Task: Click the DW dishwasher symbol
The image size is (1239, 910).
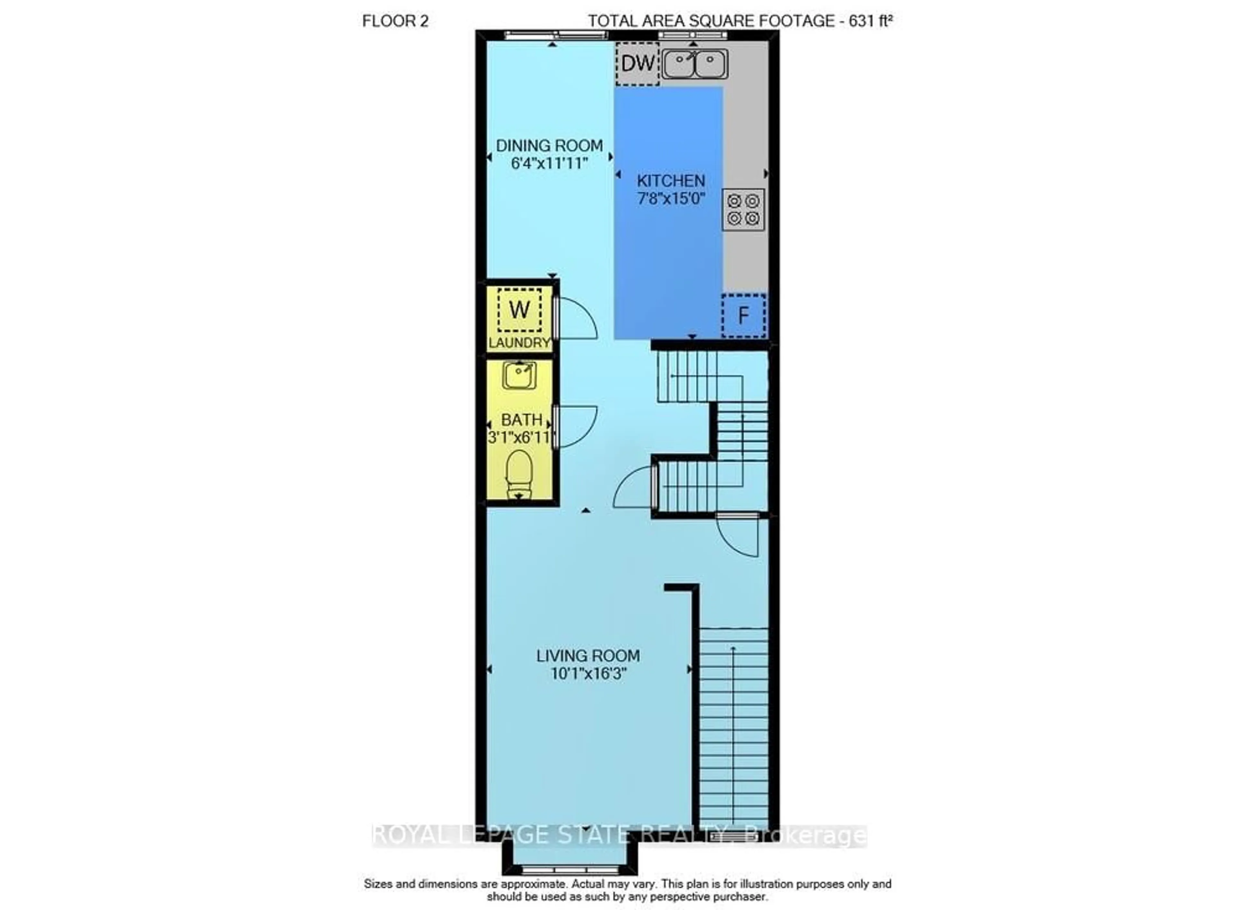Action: pyautogui.click(x=637, y=64)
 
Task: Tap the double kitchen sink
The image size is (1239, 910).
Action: pyautogui.click(x=694, y=64)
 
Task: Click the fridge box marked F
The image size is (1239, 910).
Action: pyautogui.click(x=743, y=315)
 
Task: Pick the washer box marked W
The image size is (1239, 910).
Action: pyautogui.click(x=519, y=310)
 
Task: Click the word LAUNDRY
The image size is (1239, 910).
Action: pyautogui.click(x=519, y=343)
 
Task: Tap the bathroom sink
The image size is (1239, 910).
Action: pyautogui.click(x=519, y=376)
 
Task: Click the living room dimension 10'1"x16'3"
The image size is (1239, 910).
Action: pyautogui.click(x=589, y=673)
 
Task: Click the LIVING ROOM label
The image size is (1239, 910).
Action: pyautogui.click(x=588, y=656)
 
